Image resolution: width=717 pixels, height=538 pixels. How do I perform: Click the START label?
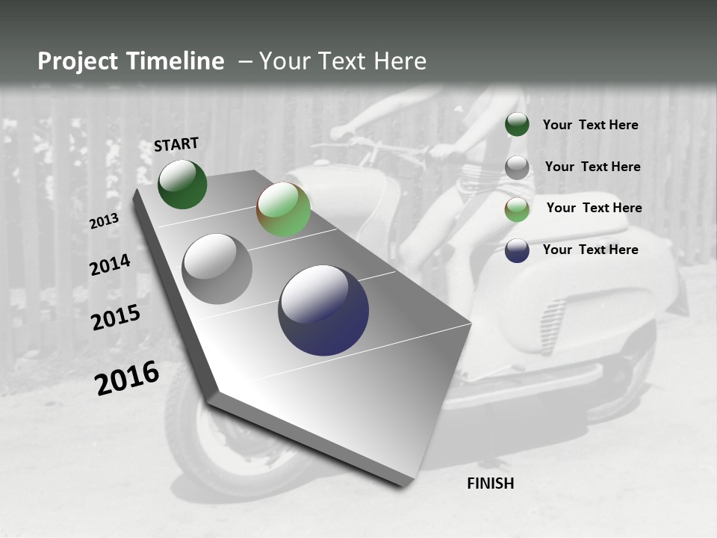(176, 144)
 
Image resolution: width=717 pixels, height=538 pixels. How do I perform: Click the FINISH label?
(491, 483)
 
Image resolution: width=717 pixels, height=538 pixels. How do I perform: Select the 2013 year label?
(104, 221)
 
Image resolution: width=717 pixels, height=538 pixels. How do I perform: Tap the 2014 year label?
(110, 265)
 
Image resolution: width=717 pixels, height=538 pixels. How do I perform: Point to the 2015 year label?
(116, 318)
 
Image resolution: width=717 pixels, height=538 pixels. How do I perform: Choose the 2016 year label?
(127, 377)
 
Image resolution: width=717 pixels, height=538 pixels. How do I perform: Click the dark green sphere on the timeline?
(182, 184)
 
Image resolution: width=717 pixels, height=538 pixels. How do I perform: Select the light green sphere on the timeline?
(283, 209)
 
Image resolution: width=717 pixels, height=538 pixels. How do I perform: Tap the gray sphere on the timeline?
(217, 269)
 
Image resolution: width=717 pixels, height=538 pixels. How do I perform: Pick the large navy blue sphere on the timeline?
(323, 310)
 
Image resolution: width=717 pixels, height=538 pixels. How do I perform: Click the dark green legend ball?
(517, 124)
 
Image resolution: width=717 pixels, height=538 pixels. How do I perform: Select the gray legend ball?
(517, 167)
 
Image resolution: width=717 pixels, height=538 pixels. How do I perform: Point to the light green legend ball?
(517, 209)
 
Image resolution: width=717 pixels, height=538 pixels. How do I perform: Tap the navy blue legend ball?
(517, 250)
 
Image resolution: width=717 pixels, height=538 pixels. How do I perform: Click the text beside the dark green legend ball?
(590, 125)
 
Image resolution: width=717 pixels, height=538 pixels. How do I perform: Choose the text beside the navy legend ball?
(590, 250)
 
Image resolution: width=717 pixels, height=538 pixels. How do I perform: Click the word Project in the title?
(77, 61)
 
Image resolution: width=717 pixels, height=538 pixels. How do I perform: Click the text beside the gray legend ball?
(592, 167)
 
